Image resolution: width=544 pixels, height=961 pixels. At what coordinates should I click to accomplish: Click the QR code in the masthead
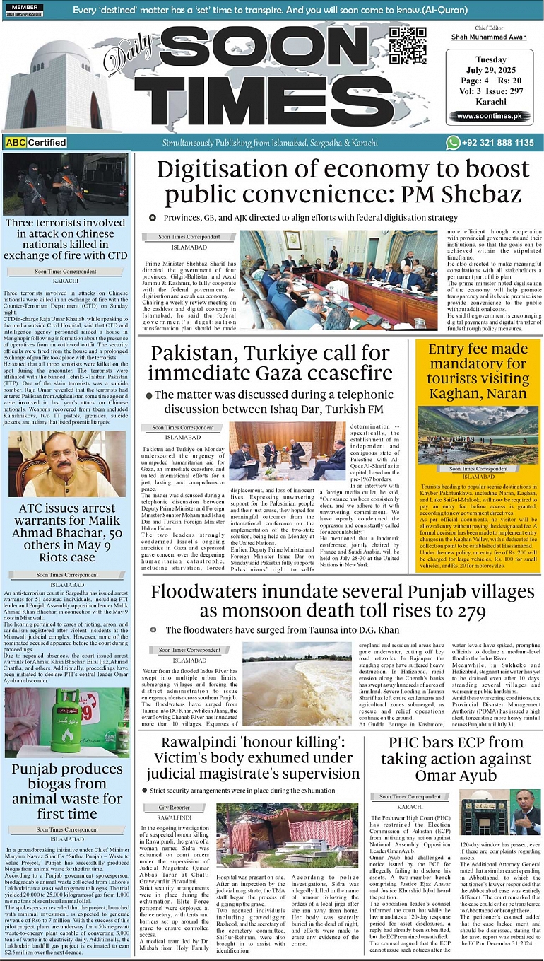(408, 46)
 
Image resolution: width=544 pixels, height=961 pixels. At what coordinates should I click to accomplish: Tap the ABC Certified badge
(36, 142)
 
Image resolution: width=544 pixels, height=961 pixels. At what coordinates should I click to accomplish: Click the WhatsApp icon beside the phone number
(453, 143)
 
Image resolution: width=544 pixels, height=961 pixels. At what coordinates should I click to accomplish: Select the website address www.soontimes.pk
(484, 116)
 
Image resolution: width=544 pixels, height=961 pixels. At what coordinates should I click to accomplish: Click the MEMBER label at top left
(25, 6)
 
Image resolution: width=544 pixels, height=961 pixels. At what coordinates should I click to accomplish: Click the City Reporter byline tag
(174, 807)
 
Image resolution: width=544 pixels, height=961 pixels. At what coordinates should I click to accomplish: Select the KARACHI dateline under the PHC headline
(410, 807)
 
